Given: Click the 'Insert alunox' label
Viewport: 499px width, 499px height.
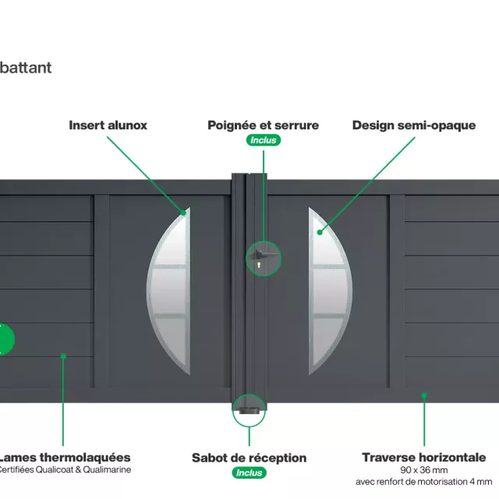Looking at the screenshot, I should pyautogui.click(x=108, y=125).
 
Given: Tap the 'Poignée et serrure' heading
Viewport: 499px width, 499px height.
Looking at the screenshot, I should pyautogui.click(x=263, y=125).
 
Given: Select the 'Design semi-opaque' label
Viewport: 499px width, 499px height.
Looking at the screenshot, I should pyautogui.click(x=413, y=125).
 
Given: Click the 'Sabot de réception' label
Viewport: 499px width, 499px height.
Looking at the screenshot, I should pyautogui.click(x=249, y=458).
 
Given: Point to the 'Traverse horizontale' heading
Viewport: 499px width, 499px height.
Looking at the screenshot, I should pyautogui.click(x=423, y=457).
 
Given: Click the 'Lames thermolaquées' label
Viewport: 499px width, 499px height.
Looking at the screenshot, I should pyautogui.click(x=64, y=457).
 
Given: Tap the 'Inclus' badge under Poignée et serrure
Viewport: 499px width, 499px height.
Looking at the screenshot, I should pyautogui.click(x=263, y=140).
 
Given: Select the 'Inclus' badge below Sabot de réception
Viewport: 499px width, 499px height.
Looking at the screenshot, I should pyautogui.click(x=249, y=472).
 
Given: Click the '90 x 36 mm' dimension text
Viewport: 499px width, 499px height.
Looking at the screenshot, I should pyautogui.click(x=423, y=470).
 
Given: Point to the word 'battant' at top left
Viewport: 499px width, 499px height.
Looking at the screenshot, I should pyautogui.click(x=26, y=67).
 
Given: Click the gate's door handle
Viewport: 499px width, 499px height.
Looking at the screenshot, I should pyautogui.click(x=266, y=253).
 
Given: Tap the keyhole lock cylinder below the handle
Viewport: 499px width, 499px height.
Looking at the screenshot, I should pyautogui.click(x=257, y=266).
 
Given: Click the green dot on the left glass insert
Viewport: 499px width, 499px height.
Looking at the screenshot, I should pyautogui.click(x=185, y=212).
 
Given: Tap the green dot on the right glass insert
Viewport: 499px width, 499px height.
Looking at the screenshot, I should pyautogui.click(x=320, y=231).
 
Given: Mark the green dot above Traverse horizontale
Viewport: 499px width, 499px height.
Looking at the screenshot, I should pyautogui.click(x=424, y=395).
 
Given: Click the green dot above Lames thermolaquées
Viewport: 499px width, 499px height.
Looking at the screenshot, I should pyautogui.click(x=63, y=356).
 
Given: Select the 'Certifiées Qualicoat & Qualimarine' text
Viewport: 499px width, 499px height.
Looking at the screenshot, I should pyautogui.click(x=64, y=469).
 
